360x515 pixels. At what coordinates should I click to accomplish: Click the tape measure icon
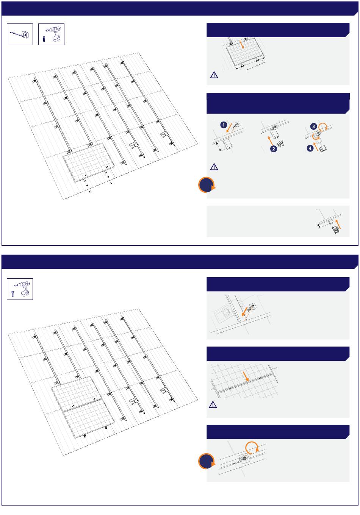(x=20, y=34)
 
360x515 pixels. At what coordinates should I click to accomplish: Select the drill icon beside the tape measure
(x=51, y=34)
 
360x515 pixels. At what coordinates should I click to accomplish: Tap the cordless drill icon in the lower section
(x=20, y=289)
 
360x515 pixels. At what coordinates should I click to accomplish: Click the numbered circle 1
(x=224, y=125)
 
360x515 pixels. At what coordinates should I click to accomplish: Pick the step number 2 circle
(x=274, y=149)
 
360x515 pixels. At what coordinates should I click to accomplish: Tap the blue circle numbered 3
(x=313, y=126)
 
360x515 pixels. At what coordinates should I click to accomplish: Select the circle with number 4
(x=310, y=148)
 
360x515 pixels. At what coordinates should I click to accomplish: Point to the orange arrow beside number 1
(x=229, y=128)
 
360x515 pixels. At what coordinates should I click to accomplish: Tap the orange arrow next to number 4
(x=316, y=147)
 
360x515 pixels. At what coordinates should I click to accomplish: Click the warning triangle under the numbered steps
(x=214, y=167)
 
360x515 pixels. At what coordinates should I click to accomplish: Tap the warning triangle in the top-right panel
(x=214, y=75)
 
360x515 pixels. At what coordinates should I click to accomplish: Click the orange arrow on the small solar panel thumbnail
(x=241, y=44)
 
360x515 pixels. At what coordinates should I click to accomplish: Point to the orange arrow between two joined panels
(x=246, y=376)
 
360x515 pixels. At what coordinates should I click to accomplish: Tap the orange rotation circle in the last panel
(x=252, y=448)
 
